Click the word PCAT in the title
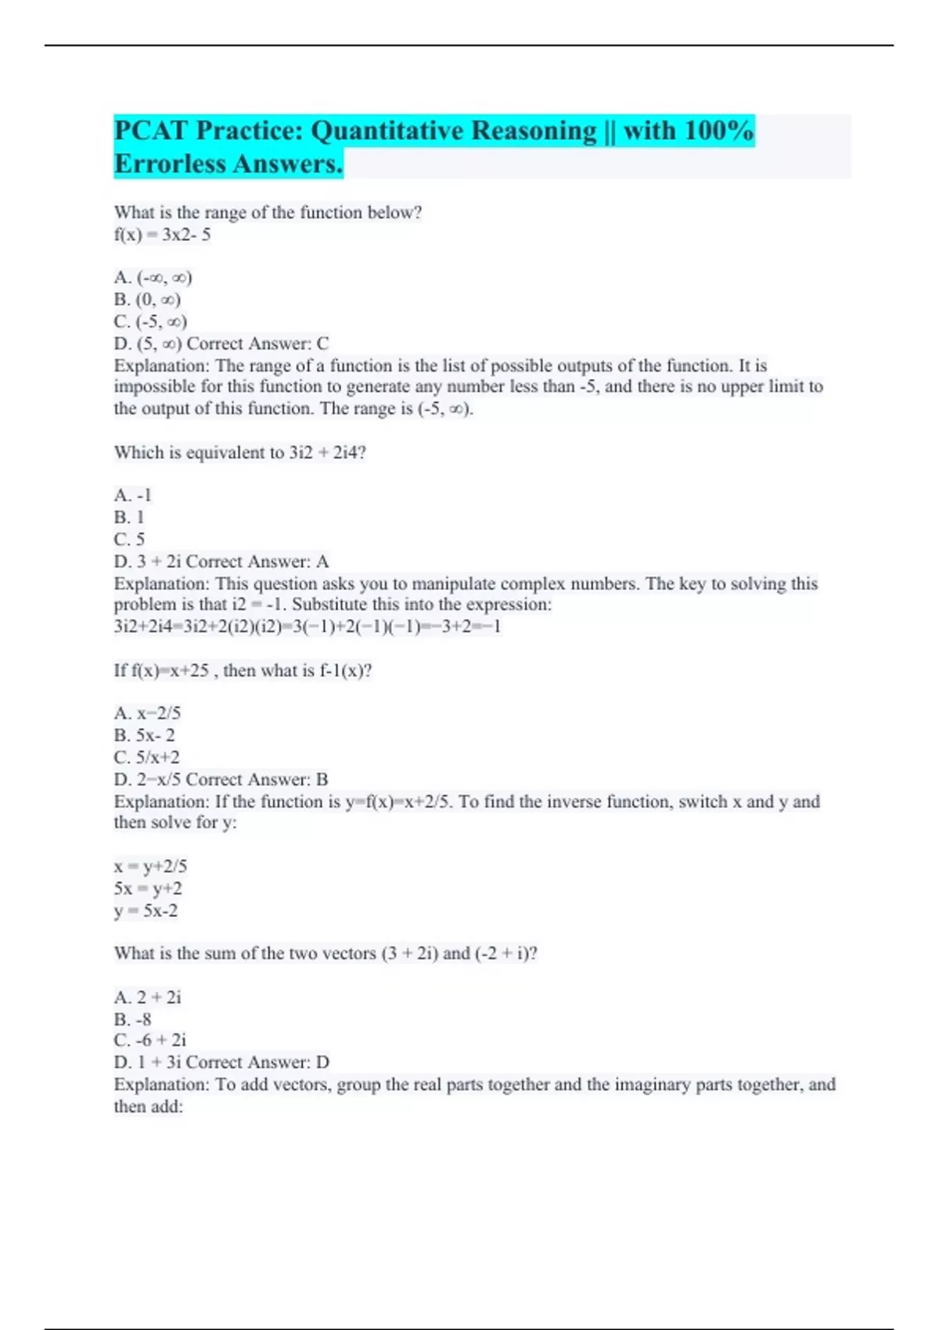151,131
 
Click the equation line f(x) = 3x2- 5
163,235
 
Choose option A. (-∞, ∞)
153,278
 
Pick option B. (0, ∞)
147,300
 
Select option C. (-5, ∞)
150,322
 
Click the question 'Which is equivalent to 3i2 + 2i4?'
240,453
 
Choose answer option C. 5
129,539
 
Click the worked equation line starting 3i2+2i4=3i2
308,627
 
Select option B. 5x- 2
145,735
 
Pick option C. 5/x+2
146,757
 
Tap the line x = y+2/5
150,867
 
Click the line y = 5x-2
146,911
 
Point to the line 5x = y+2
148,889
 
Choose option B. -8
132,1019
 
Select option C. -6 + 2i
150,1041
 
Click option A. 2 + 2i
147,997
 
